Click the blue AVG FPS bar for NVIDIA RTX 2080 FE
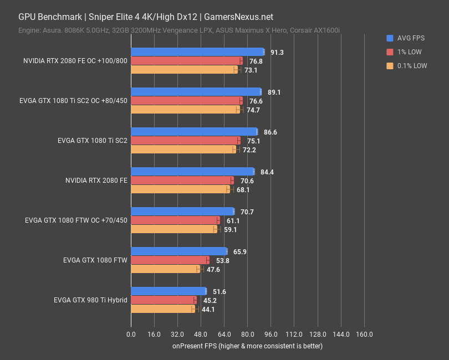point(192,172)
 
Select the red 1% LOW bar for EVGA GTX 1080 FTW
point(169,260)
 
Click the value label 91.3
point(277,52)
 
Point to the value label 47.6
point(213,269)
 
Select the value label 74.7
point(253,110)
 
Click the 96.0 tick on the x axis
point(271,335)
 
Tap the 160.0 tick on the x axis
point(364,335)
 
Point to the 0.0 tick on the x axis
point(131,335)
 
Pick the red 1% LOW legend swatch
point(390,52)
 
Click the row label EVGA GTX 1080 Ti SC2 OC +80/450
point(73,101)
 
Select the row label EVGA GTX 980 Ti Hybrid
point(90,300)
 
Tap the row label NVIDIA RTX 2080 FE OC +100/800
point(75,61)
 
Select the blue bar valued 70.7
point(182,212)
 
